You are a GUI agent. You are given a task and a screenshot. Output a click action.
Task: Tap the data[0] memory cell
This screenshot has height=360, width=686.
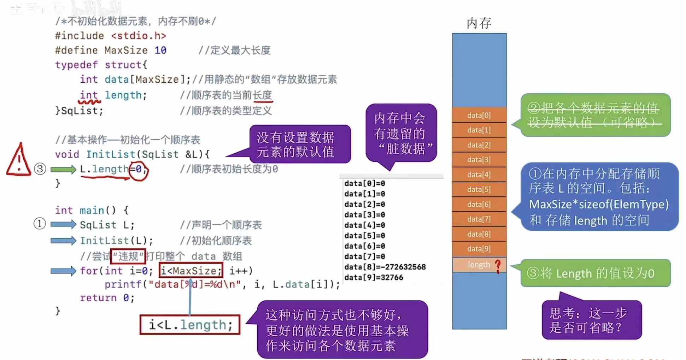pyautogui.click(x=479, y=115)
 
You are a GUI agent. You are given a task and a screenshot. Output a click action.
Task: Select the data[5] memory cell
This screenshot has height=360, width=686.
pyautogui.click(x=479, y=189)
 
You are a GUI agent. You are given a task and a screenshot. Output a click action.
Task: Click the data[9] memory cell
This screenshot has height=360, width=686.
pyautogui.click(x=479, y=249)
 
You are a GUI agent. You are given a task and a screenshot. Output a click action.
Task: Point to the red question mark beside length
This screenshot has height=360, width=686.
pyautogui.click(x=498, y=266)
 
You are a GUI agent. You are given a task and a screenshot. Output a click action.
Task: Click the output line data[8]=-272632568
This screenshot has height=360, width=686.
pyautogui.click(x=385, y=267)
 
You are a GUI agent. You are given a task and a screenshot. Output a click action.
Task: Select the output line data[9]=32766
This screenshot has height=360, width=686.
pyautogui.click(x=374, y=277)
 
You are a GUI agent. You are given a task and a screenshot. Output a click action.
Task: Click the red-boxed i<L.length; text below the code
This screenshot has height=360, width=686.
pyautogui.click(x=190, y=325)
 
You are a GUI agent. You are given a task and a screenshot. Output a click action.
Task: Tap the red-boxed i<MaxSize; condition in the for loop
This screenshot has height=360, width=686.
pyautogui.click(x=191, y=271)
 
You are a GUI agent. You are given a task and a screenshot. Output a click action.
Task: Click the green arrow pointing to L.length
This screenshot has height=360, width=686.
pyautogui.click(x=63, y=170)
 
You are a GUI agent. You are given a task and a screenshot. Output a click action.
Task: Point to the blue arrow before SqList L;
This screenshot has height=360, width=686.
pyautogui.click(x=63, y=224)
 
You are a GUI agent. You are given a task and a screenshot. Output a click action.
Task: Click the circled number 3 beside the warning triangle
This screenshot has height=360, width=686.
pyautogui.click(x=40, y=169)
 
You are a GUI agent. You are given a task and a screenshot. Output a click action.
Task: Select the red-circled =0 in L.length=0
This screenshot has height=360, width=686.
pyautogui.click(x=138, y=170)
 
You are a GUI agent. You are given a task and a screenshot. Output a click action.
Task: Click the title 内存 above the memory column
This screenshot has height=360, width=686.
pyautogui.click(x=479, y=23)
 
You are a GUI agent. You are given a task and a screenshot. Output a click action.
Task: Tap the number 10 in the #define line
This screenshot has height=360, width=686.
pyautogui.click(x=160, y=50)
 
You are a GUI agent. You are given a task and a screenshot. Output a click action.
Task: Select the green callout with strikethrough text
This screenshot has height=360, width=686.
pyautogui.click(x=595, y=115)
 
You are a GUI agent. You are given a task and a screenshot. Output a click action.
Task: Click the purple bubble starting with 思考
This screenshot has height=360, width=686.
pyautogui.click(x=591, y=320)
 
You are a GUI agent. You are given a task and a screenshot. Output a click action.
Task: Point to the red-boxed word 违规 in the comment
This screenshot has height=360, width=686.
pyautogui.click(x=128, y=256)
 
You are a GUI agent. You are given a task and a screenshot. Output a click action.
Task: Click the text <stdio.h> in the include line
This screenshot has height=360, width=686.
pyautogui.click(x=139, y=36)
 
